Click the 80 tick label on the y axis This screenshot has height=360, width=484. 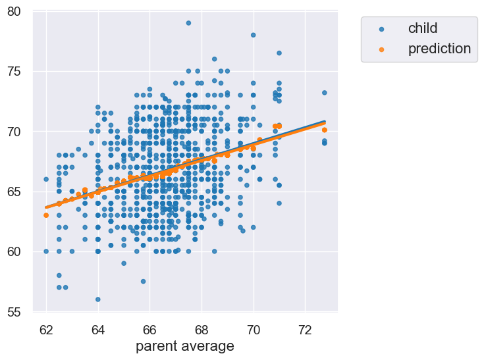click(x=14, y=11)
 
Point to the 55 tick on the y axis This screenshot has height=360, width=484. click(x=14, y=312)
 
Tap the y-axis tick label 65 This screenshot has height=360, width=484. click(x=14, y=192)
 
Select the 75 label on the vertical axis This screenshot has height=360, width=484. click(x=14, y=71)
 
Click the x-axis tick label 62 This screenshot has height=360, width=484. click(x=46, y=328)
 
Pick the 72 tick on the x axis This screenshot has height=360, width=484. click(x=305, y=328)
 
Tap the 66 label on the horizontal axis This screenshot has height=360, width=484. click(x=149, y=328)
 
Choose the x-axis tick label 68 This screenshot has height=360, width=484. click(x=202, y=328)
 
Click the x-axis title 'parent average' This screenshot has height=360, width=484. click(x=185, y=346)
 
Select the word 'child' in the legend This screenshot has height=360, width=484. click(x=423, y=28)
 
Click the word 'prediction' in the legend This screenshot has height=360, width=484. click(x=439, y=48)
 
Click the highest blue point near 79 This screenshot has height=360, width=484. click(x=188, y=23)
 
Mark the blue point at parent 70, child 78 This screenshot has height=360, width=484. click(x=253, y=35)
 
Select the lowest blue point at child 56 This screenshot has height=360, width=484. click(x=97, y=299)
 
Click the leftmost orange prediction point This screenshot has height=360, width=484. click(x=46, y=215)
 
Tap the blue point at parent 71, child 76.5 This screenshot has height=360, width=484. click(x=279, y=53)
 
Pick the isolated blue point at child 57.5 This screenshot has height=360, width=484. click(x=143, y=281)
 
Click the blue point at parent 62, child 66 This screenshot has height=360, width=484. click(x=46, y=179)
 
